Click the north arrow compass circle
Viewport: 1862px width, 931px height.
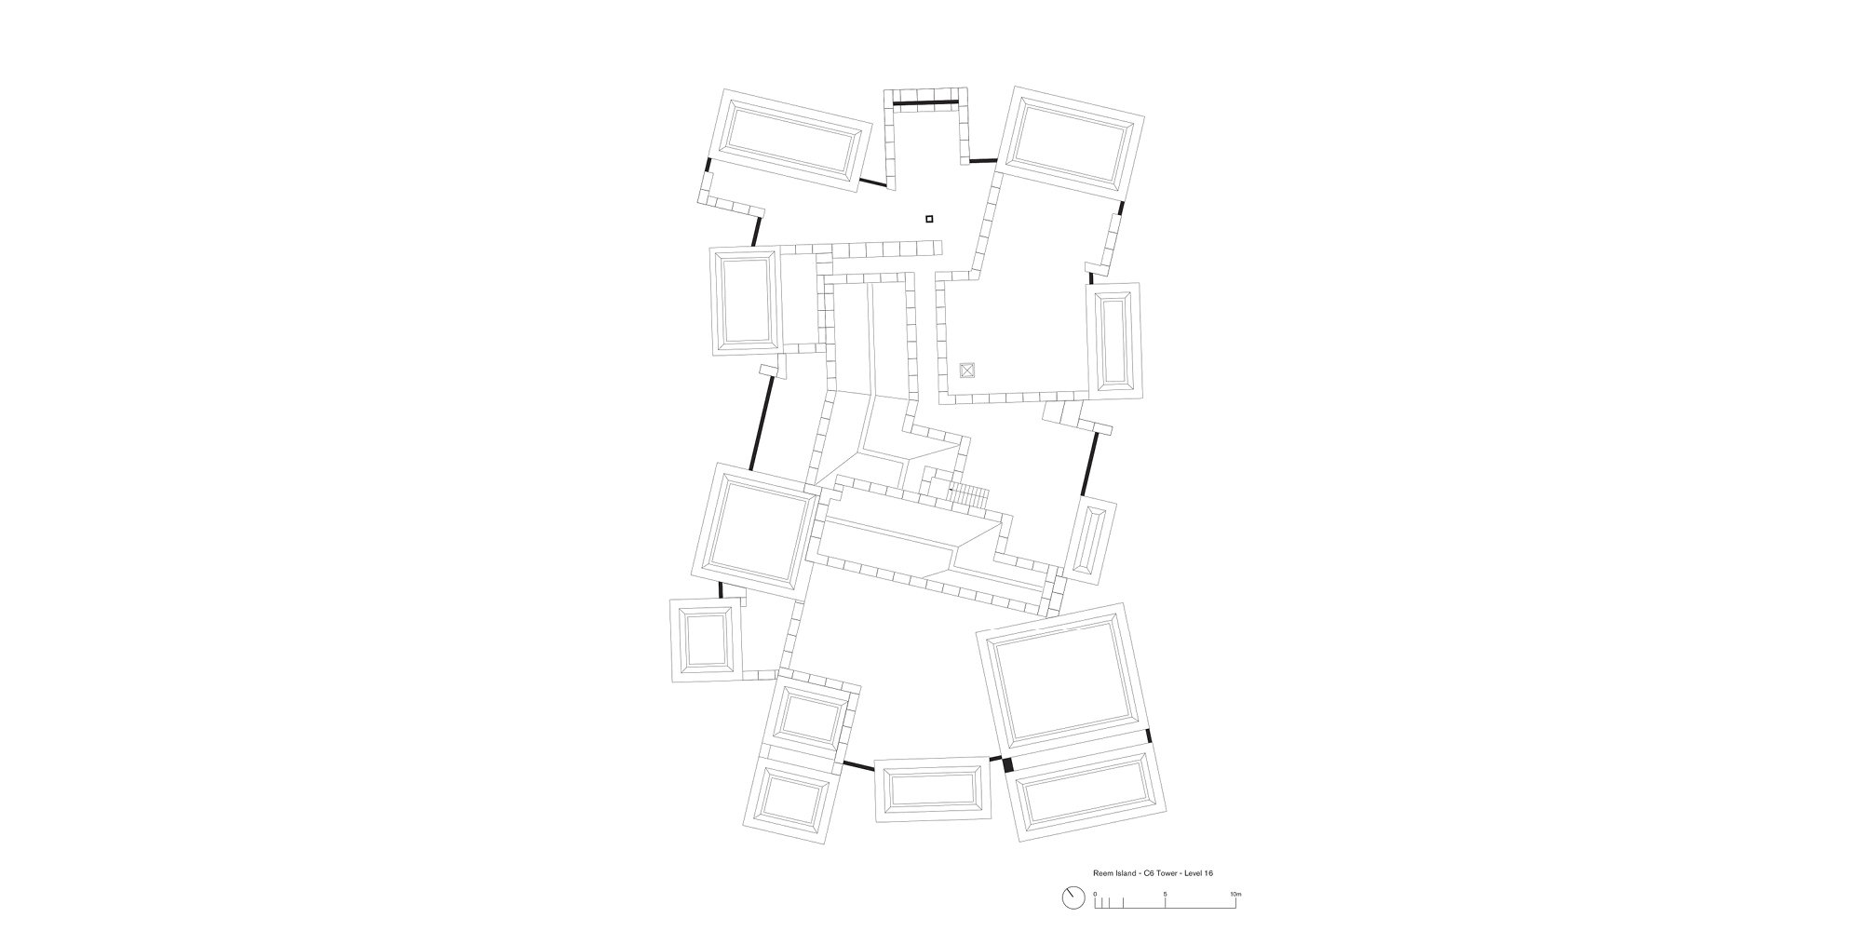(1072, 924)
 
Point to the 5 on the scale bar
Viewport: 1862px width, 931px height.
(1165, 921)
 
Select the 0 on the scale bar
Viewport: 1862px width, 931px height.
(1095, 921)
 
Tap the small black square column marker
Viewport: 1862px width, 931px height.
(929, 220)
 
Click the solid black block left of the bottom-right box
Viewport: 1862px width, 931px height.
(1007, 764)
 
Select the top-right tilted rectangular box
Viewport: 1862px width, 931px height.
(1072, 145)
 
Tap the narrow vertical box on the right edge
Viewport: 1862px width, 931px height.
(1113, 342)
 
